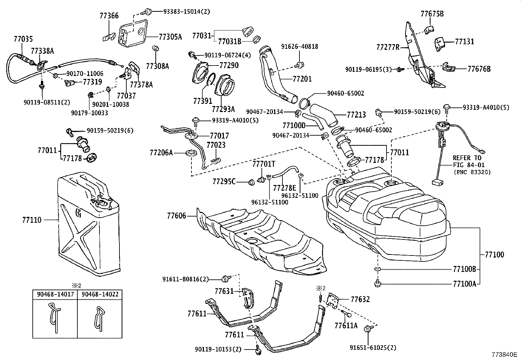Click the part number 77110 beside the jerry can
pyautogui.click(x=32, y=220)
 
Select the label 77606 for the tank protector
pyautogui.click(x=176, y=216)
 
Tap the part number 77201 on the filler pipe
pyautogui.click(x=302, y=79)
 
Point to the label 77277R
pyautogui.click(x=388, y=47)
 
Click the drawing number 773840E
pyautogui.click(x=503, y=355)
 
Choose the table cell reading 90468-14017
pyautogui.click(x=55, y=294)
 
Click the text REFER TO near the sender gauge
pyautogui.click(x=467, y=158)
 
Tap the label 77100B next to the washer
pyautogui.click(x=465, y=269)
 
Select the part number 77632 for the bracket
pyautogui.click(x=360, y=299)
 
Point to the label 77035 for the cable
pyautogui.click(x=23, y=39)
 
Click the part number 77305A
pyautogui.click(x=170, y=37)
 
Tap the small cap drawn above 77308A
pyautogui.click(x=156, y=49)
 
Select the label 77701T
pyautogui.click(x=264, y=163)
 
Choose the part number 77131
pyautogui.click(x=464, y=42)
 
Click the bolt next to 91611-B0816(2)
pyautogui.click(x=225, y=279)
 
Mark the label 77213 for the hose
pyautogui.click(x=356, y=115)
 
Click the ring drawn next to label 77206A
pyautogui.click(x=191, y=153)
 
